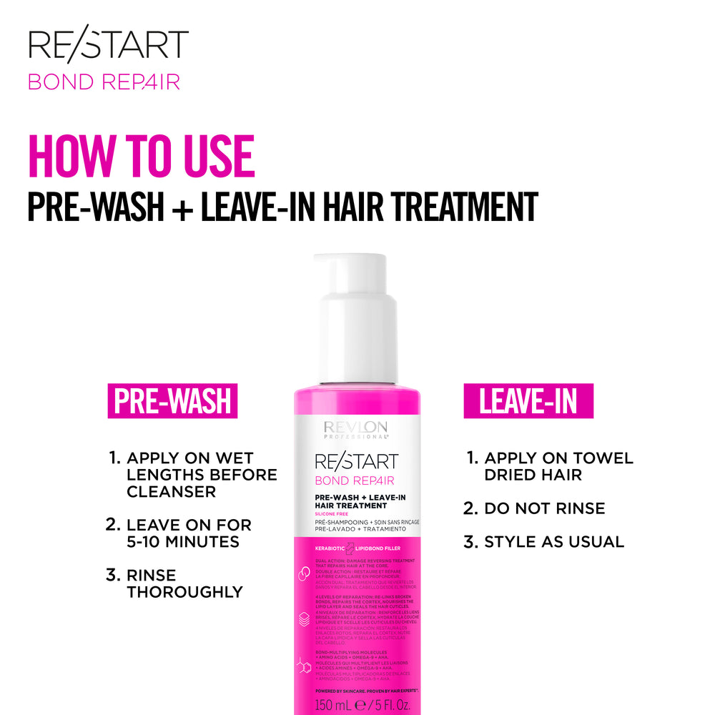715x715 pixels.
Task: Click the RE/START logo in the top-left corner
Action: click(108, 47)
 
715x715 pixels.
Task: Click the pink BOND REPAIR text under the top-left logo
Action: click(104, 82)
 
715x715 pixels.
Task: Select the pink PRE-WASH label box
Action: click(172, 401)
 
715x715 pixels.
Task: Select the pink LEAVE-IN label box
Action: click(528, 401)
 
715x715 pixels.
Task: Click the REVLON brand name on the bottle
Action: click(355, 426)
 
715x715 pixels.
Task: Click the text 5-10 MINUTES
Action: click(182, 542)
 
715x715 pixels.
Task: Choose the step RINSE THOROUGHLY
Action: click(184, 583)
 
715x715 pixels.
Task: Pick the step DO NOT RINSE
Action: click(544, 508)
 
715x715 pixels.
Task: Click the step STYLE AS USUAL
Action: click(553, 542)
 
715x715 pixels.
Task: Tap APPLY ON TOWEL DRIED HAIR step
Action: click(558, 466)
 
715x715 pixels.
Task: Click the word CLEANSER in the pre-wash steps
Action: click(171, 492)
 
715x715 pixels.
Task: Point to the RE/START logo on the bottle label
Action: click(355, 460)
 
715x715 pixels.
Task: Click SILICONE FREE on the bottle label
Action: click(331, 515)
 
